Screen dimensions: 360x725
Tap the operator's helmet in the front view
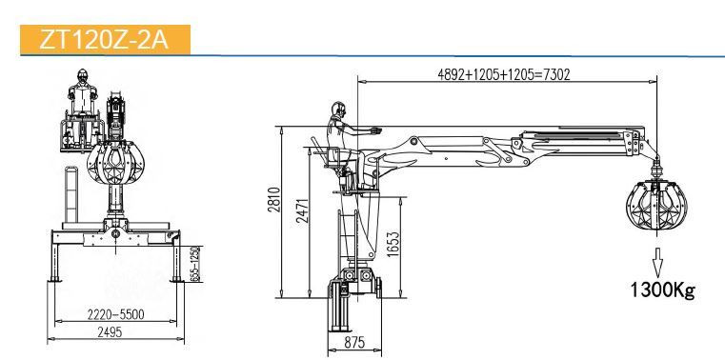tap(83, 74)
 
